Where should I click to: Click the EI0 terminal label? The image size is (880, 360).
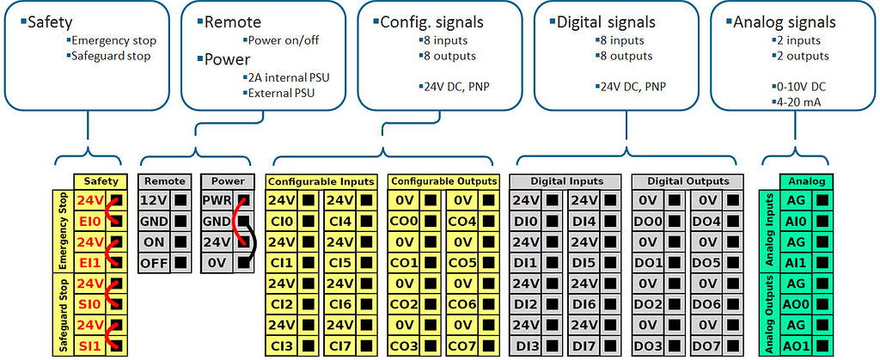click(90, 222)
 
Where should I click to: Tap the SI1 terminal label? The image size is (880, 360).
click(90, 345)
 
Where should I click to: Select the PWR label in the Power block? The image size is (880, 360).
click(217, 201)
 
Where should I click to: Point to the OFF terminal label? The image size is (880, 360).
click(155, 263)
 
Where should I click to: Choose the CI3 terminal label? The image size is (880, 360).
click(283, 345)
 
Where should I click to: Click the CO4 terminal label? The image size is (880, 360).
click(461, 222)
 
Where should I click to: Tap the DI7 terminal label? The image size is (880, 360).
click(584, 345)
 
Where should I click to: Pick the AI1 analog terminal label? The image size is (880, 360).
click(797, 263)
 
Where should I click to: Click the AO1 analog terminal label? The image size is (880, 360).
click(797, 345)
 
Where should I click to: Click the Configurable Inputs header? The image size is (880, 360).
click(321, 181)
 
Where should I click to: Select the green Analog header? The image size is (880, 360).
click(807, 181)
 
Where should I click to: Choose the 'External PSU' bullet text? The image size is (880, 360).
click(281, 93)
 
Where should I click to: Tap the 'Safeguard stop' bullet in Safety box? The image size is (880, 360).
click(111, 56)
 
